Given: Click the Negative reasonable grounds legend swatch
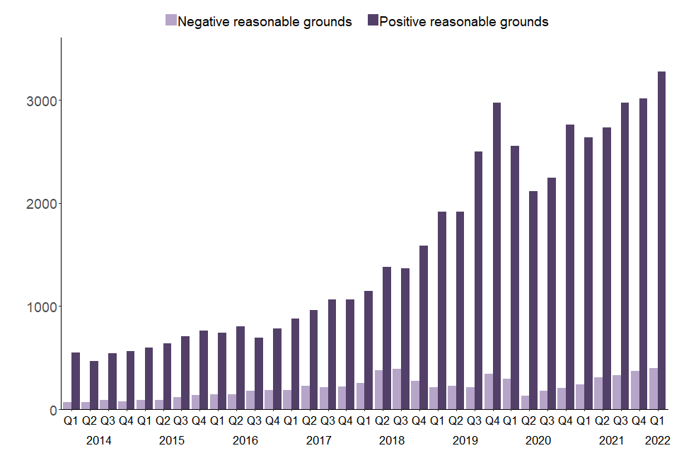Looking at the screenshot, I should pos(170,21).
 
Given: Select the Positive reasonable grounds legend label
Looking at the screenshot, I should pos(464,21).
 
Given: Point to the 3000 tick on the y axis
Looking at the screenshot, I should pos(41,101).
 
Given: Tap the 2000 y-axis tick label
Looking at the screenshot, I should pos(41,204).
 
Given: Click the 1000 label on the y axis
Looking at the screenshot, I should pos(41,306).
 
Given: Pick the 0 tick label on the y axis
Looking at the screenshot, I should pos(52,410).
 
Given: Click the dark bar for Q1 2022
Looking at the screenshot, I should pos(662,241).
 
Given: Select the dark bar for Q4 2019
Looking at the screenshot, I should pos(497,256).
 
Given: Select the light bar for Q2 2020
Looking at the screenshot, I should pos(525,403).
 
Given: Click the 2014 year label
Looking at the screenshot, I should pos(99,440).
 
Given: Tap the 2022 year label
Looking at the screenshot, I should pos(657,440).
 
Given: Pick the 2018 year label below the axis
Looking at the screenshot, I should pos(391,440).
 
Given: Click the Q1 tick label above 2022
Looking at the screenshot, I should pos(657,421).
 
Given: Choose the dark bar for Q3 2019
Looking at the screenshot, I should pos(479,280).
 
